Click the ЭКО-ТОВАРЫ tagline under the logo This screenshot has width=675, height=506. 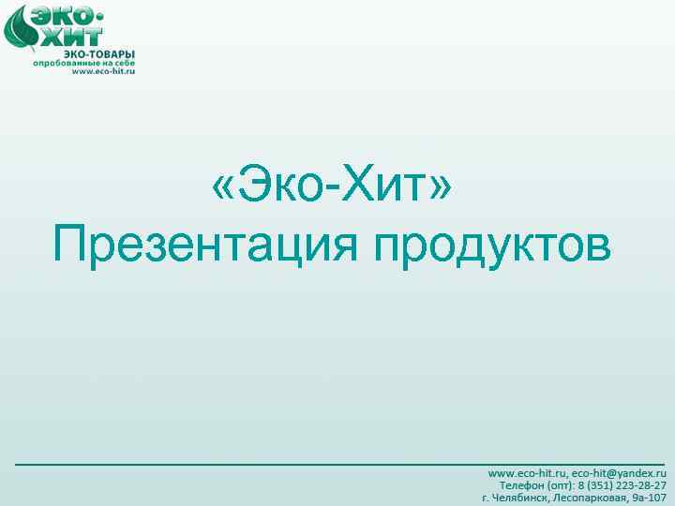[99, 54]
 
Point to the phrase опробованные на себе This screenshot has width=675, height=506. [84, 64]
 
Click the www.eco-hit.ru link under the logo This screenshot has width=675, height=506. [103, 71]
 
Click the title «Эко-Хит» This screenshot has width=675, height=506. [333, 186]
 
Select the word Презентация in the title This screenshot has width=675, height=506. [206, 245]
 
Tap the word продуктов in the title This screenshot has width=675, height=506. [493, 245]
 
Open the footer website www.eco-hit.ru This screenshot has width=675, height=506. [527, 475]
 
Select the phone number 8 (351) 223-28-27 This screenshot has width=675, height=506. [622, 486]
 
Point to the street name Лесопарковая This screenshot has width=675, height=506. [592, 498]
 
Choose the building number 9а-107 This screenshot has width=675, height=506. [650, 498]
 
